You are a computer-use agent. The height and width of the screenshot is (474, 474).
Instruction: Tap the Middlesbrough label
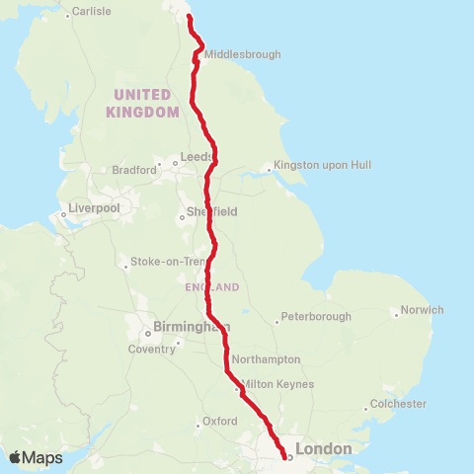pos(243,54)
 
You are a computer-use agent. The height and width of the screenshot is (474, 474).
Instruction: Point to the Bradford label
pos(134,170)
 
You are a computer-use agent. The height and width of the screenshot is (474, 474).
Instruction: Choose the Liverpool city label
pos(94,208)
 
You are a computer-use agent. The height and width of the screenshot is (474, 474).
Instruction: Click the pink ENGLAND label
pos(211,287)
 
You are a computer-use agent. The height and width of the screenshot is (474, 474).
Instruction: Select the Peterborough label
pos(315,317)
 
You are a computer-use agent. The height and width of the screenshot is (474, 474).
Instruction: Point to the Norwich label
pos(422,310)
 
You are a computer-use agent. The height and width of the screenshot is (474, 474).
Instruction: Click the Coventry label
pos(150,349)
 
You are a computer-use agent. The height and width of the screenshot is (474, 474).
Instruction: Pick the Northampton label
pos(266,359)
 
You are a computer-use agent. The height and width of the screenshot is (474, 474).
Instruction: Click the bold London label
pos(323,449)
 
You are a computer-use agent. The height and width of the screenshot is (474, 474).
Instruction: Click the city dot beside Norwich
pos(396,315)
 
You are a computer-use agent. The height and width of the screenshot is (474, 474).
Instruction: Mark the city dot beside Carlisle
pos(67,15)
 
